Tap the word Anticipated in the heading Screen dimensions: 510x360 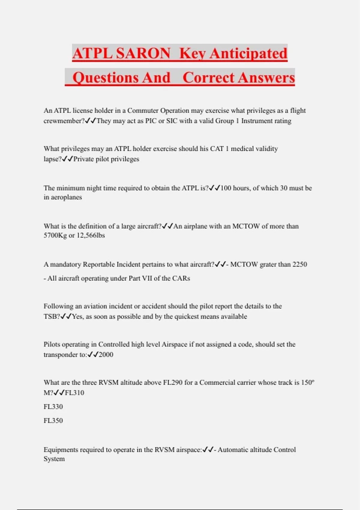(248, 53)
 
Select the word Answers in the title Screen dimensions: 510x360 (267, 77)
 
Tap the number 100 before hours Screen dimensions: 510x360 (226, 188)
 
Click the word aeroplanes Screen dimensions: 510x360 (67, 197)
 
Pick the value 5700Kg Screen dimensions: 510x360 (55, 235)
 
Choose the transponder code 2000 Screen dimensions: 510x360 (106, 355)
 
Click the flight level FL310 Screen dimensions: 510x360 (74, 393)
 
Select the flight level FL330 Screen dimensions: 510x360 (53, 406)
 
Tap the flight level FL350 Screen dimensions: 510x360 (53, 420)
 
